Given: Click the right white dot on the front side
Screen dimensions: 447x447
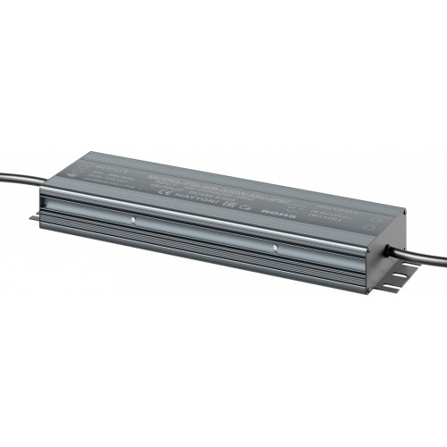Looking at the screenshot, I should [x=274, y=247].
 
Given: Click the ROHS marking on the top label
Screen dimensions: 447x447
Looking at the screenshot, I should [x=269, y=215].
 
